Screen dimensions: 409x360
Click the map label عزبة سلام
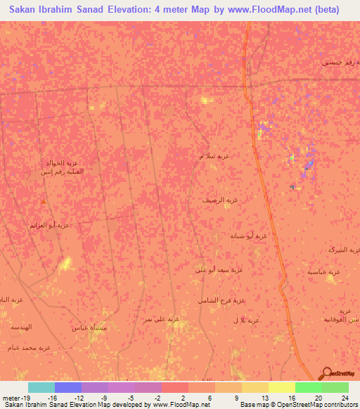coord(214,156)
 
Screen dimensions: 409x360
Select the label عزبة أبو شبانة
coord(249,236)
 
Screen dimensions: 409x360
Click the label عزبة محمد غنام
coord(29,347)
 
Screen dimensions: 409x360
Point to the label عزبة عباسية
coord(324,272)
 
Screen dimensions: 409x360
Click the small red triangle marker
coord(44,202)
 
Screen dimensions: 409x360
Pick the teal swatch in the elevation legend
coord(41,387)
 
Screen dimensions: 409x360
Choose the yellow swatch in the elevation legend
coord(281,387)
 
